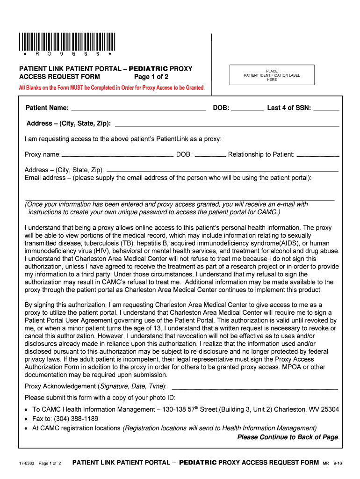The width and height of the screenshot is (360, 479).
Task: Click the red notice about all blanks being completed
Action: [112, 87]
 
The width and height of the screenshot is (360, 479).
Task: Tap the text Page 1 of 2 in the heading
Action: [151, 77]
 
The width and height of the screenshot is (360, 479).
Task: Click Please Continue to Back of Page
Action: [287, 437]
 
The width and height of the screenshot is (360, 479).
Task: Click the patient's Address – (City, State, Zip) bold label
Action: [69, 123]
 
